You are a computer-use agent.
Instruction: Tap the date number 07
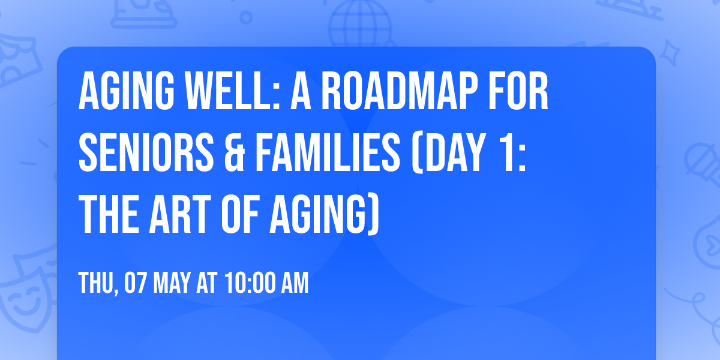(x=136, y=283)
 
